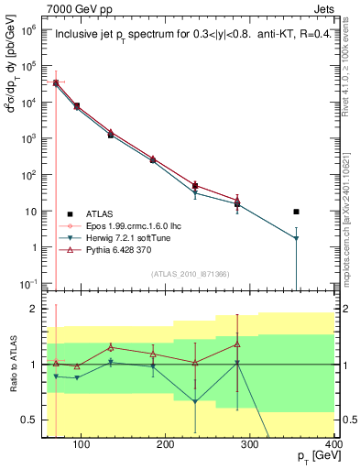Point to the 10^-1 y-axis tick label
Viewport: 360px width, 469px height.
point(31,283)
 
